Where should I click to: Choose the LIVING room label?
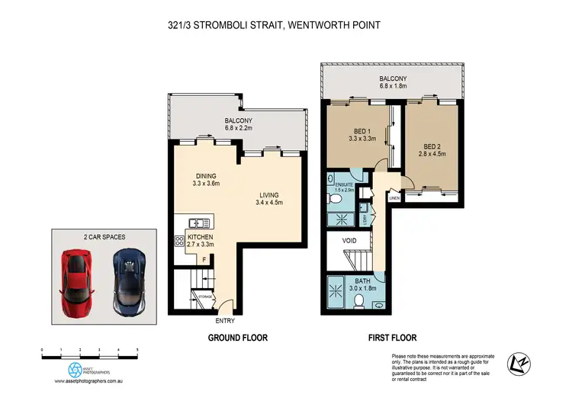pos(268,194)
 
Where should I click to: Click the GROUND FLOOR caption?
pos(238,337)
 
